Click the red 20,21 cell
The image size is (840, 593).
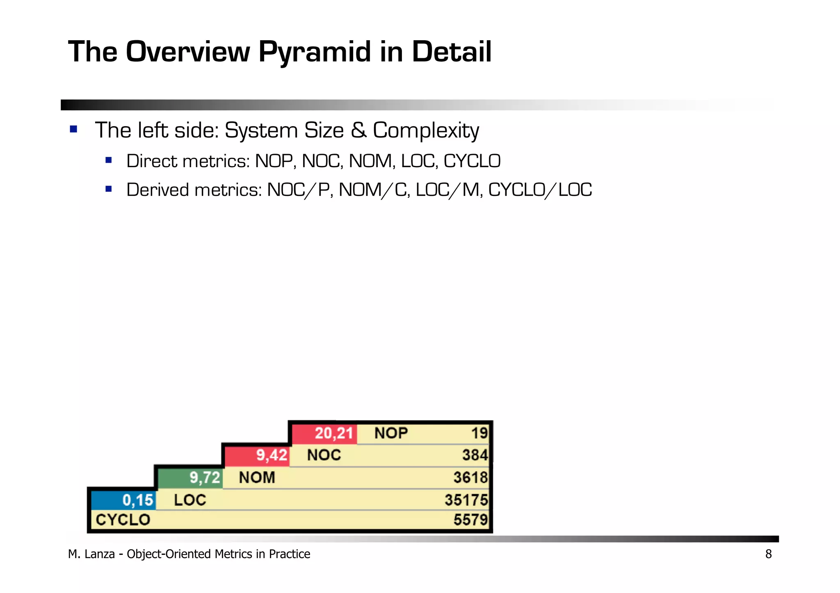324,433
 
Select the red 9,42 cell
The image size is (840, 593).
258,455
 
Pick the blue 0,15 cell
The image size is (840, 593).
123,500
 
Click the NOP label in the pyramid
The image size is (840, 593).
391,433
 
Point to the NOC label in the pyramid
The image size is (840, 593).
324,455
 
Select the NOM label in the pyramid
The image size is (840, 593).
257,478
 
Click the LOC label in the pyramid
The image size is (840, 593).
190,500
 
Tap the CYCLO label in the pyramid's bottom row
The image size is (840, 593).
123,520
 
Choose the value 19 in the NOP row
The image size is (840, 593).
479,433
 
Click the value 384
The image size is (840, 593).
475,455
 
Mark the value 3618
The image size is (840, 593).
470,478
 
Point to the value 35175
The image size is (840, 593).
466,500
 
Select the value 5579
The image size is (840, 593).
470,520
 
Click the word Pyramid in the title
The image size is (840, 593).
315,52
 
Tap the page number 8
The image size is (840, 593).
768,554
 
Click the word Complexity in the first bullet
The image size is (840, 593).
426,131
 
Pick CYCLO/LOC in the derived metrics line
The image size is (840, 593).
540,190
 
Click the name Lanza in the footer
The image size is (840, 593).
100,554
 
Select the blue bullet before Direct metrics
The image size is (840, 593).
109,160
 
